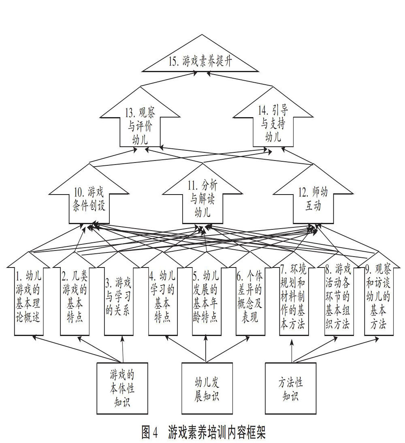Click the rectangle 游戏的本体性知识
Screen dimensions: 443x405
(x=122, y=388)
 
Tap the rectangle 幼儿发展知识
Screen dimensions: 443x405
(x=207, y=388)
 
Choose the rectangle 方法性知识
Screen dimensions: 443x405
(x=290, y=388)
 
